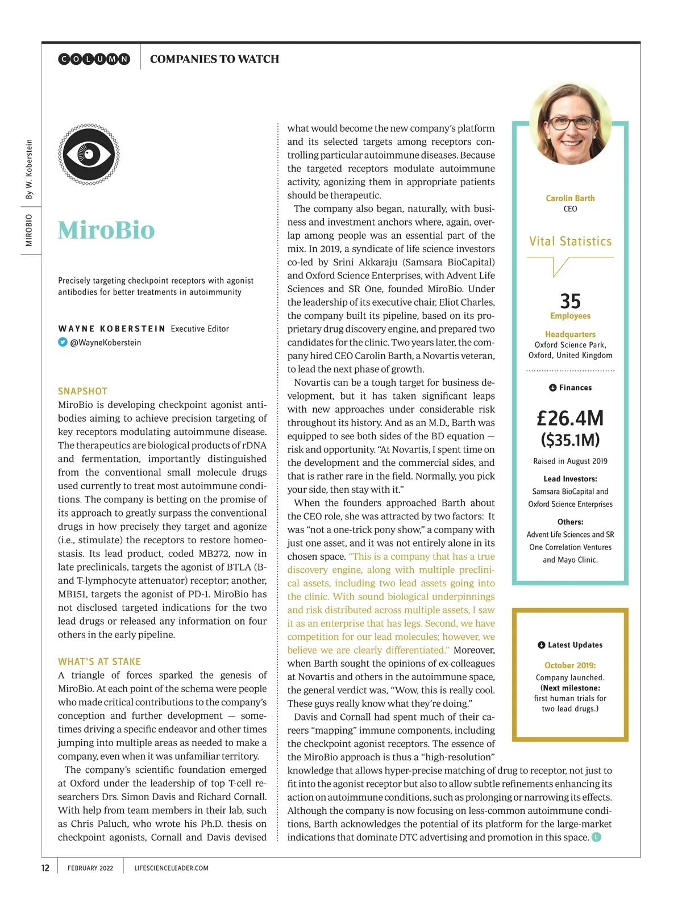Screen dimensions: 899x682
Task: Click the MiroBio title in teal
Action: point(106,230)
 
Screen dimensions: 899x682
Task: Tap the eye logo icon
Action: point(89,155)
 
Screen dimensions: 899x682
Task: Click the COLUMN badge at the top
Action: point(94,59)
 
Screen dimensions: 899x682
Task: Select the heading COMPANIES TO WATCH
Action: point(214,59)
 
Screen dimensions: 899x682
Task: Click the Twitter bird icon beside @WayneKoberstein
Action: point(63,342)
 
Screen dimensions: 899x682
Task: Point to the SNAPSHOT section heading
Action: point(82,391)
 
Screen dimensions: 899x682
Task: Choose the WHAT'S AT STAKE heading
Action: point(99,661)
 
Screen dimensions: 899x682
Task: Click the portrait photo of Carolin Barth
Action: point(570,123)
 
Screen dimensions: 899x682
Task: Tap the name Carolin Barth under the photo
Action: point(570,198)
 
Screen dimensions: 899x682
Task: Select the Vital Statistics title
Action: point(570,242)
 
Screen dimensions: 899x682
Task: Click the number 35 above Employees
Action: point(570,301)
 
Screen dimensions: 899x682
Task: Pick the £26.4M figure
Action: point(570,418)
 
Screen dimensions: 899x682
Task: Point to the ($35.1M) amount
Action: point(570,440)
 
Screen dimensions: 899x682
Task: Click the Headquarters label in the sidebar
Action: point(570,334)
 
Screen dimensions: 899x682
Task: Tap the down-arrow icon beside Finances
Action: point(552,388)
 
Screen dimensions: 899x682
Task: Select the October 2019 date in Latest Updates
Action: point(570,665)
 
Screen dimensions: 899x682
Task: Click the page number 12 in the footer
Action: point(45,868)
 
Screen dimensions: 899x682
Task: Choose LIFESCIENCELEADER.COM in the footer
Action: point(171,868)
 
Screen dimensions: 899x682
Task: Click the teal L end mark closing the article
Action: point(596,837)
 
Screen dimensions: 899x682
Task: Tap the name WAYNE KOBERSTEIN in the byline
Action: point(111,328)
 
